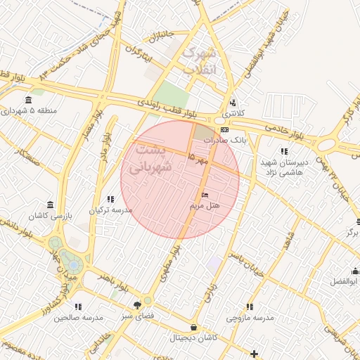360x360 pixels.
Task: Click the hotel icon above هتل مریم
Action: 205,195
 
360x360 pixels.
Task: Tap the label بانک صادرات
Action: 226,140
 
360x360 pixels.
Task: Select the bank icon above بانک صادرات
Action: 224,130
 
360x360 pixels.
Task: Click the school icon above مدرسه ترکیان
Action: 110,200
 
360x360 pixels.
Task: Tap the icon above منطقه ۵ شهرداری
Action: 28,100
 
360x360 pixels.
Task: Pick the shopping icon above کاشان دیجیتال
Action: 194,328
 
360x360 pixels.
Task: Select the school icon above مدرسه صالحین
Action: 78,307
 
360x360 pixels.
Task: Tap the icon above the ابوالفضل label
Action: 355,271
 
